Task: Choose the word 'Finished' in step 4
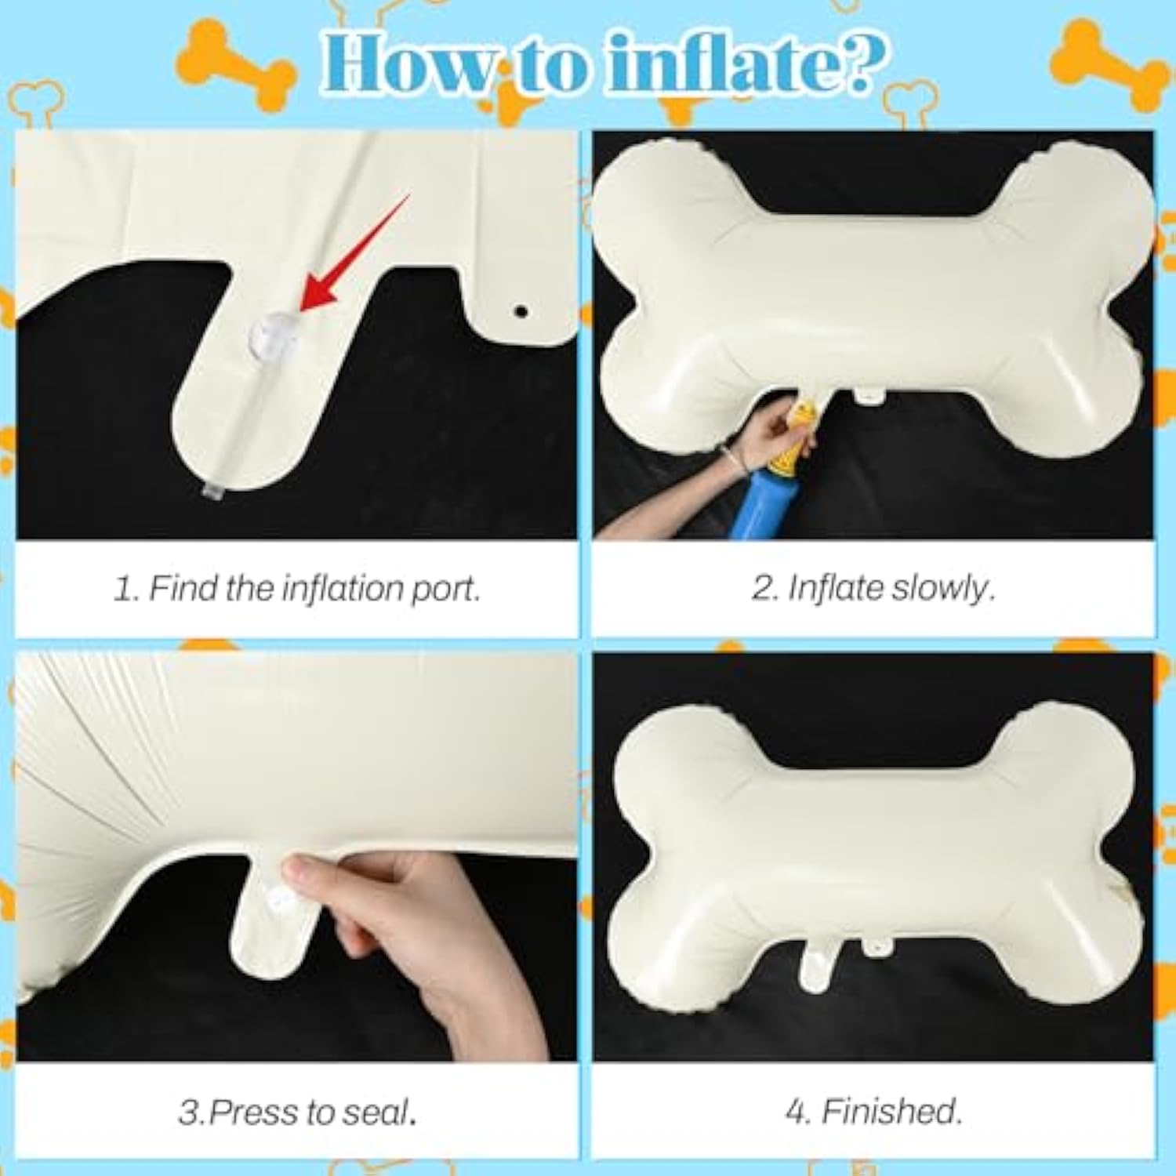890,1111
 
